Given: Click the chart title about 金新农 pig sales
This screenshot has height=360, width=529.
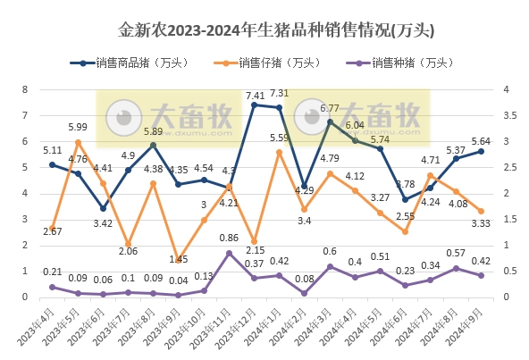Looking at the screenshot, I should [264, 30].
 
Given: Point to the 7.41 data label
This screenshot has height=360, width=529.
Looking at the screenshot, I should [255, 96].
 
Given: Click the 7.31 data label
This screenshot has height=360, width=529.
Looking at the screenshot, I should [280, 93].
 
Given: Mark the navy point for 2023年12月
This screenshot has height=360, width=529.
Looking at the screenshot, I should [255, 105].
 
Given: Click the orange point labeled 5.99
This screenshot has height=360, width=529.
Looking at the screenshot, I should [78, 142].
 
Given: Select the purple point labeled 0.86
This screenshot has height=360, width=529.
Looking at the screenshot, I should [230, 253].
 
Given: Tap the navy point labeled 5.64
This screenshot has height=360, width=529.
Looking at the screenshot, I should [482, 151].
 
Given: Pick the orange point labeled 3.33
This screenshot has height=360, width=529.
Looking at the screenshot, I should [482, 211].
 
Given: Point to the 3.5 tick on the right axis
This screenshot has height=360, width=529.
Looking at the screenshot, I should [506, 116].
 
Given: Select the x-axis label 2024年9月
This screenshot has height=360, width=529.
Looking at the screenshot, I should [470, 331].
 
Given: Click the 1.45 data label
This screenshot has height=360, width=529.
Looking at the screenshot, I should [179, 259].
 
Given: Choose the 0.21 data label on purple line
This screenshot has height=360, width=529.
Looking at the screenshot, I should [53, 272].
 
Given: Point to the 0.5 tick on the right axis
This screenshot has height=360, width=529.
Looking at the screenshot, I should [506, 272].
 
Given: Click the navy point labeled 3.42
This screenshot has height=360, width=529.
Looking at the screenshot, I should [103, 208].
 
